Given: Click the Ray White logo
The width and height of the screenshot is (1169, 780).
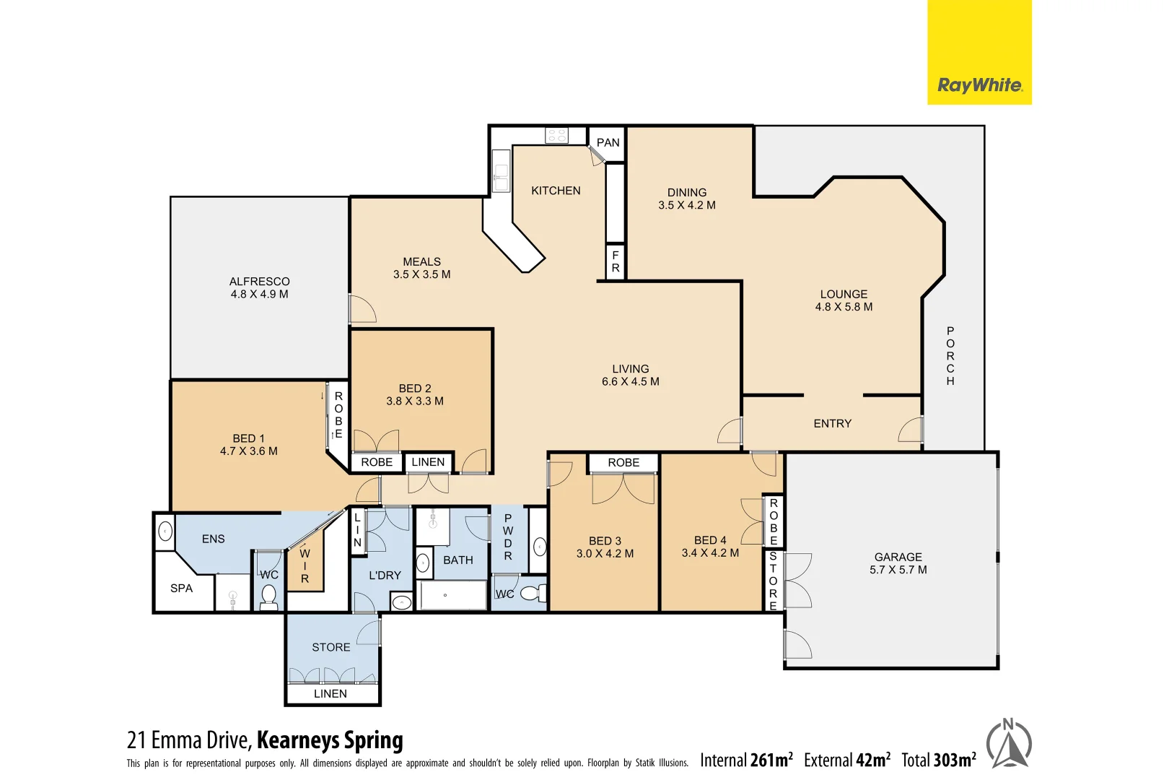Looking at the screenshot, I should click(x=979, y=85).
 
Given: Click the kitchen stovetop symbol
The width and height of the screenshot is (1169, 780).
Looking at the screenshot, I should click(x=556, y=135).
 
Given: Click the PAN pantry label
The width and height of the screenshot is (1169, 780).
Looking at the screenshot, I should click(x=608, y=142).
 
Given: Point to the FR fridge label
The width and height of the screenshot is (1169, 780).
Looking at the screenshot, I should click(x=616, y=261).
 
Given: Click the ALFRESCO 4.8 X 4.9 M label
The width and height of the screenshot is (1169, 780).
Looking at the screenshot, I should click(x=259, y=287).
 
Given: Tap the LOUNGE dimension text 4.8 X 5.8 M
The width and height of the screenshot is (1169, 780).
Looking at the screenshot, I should click(x=844, y=307).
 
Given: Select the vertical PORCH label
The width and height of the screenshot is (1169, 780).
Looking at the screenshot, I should click(x=950, y=356).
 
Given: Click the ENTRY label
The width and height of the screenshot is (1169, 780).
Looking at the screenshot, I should click(x=832, y=424).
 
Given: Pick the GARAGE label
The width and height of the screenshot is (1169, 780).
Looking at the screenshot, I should click(x=898, y=557).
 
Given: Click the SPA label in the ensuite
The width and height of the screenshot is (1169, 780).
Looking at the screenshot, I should click(x=181, y=589).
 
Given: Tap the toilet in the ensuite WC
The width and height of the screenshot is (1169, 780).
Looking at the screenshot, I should click(x=268, y=596).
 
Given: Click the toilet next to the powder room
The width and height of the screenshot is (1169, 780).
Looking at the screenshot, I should click(x=533, y=594).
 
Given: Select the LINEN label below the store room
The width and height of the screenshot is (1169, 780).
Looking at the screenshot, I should click(x=330, y=694).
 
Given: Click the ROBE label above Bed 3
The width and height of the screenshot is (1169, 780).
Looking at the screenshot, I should click(x=623, y=462).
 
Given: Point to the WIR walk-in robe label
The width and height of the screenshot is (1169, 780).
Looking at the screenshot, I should click(x=305, y=566).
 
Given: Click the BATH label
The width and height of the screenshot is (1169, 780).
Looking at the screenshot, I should click(x=458, y=560).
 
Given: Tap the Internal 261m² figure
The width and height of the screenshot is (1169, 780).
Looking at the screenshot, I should click(x=746, y=760).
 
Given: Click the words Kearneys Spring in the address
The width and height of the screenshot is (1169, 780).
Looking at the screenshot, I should click(x=330, y=740).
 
